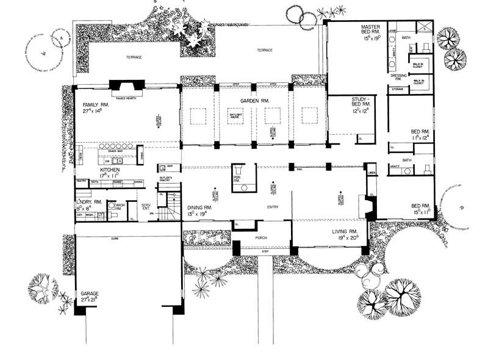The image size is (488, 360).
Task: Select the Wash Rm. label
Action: coord(120,206)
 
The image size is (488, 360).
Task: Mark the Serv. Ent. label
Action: coord(146,207)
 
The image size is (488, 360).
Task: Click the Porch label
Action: coord(261,237)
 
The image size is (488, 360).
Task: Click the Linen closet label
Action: coord(371,173)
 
